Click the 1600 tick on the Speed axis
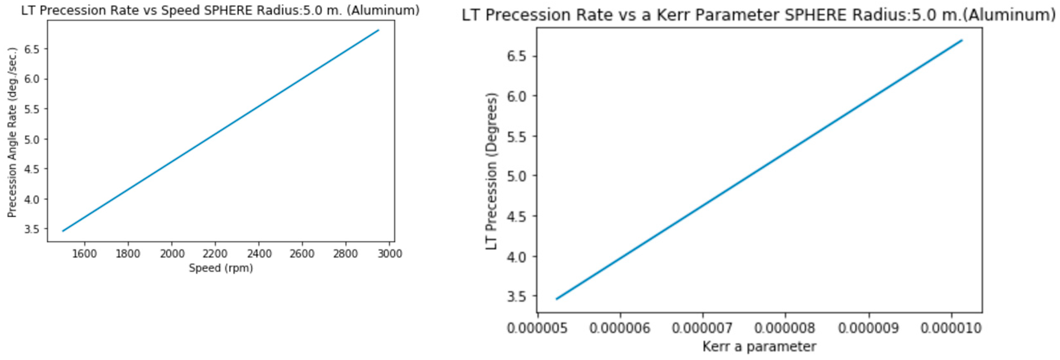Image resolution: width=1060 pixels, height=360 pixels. tap(84, 253)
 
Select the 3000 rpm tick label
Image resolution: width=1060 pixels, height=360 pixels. tap(389, 253)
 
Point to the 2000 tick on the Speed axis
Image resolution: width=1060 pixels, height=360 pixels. tap(172, 253)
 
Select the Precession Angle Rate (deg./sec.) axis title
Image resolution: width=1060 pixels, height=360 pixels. tap(12, 132)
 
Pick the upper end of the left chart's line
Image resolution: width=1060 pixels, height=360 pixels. tap(378, 30)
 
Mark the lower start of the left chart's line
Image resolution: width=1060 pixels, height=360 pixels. tap(63, 231)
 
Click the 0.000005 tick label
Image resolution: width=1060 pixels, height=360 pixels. tap(537, 328)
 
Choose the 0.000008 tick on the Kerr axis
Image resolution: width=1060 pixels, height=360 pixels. tap(785, 328)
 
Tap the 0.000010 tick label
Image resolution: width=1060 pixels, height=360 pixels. tap(951, 328)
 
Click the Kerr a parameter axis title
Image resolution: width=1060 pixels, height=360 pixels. tap(759, 346)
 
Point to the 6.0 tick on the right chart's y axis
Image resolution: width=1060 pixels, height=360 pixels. tap(516, 96)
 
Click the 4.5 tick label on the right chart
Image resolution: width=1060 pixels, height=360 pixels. tap(516, 216)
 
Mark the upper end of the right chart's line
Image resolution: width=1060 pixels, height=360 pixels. tap(962, 40)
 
